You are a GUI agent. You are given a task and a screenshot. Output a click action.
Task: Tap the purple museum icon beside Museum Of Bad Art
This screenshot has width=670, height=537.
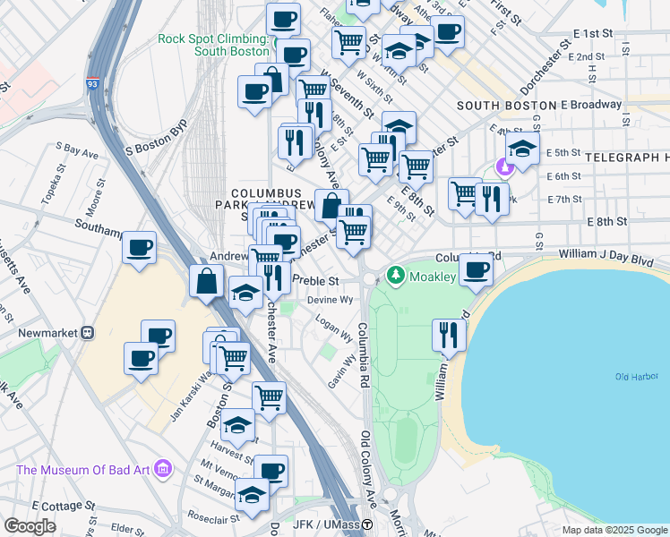point(162,469)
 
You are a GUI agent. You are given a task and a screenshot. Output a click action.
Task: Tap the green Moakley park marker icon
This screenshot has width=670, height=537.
point(394,276)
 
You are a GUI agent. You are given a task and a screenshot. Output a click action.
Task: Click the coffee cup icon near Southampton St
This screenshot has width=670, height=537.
point(138,247)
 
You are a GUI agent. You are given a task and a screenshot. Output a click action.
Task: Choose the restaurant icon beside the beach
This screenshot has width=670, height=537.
point(449,335)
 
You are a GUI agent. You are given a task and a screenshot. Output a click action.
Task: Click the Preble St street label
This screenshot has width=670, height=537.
point(314,280)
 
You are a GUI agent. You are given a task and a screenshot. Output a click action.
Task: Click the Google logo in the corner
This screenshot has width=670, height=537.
point(30,525)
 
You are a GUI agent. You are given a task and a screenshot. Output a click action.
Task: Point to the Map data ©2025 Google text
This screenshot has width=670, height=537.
point(614,530)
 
